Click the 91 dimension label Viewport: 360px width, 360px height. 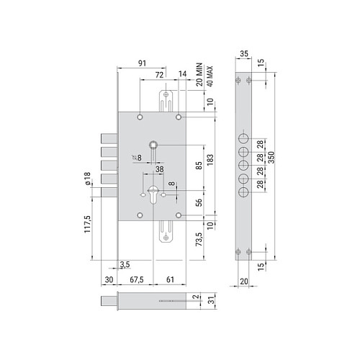point(142,63)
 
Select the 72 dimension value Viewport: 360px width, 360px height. point(159,75)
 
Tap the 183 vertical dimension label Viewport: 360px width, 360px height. point(210,160)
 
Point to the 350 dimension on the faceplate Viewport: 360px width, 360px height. point(271,157)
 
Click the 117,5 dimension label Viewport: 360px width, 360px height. point(87,224)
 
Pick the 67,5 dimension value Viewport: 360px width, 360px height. point(137,279)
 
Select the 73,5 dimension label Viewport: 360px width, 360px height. point(199,239)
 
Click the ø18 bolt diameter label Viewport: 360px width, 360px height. point(87,179)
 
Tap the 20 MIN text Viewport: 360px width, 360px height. point(199,75)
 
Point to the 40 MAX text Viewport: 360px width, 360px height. point(210,76)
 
